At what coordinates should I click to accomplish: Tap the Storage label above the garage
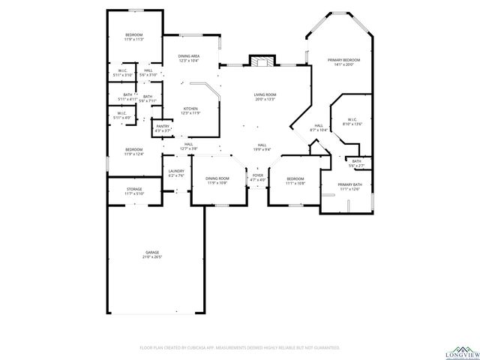click(x=134, y=191)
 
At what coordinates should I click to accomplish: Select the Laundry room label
click(x=176, y=173)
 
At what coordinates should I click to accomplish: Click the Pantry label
click(x=162, y=128)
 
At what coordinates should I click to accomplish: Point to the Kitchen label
click(x=190, y=110)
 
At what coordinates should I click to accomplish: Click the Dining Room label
click(x=217, y=180)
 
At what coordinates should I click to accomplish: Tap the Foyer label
click(x=258, y=178)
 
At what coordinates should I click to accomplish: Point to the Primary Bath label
click(x=350, y=187)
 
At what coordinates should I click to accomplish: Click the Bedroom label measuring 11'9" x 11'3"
click(x=133, y=37)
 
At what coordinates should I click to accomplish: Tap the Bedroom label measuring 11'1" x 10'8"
click(x=295, y=181)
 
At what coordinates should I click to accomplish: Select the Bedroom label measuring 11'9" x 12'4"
click(x=133, y=151)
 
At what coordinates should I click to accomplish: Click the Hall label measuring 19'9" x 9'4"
click(x=262, y=147)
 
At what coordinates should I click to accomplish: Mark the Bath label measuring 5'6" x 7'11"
click(x=148, y=98)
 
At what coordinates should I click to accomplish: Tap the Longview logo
click(x=461, y=351)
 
